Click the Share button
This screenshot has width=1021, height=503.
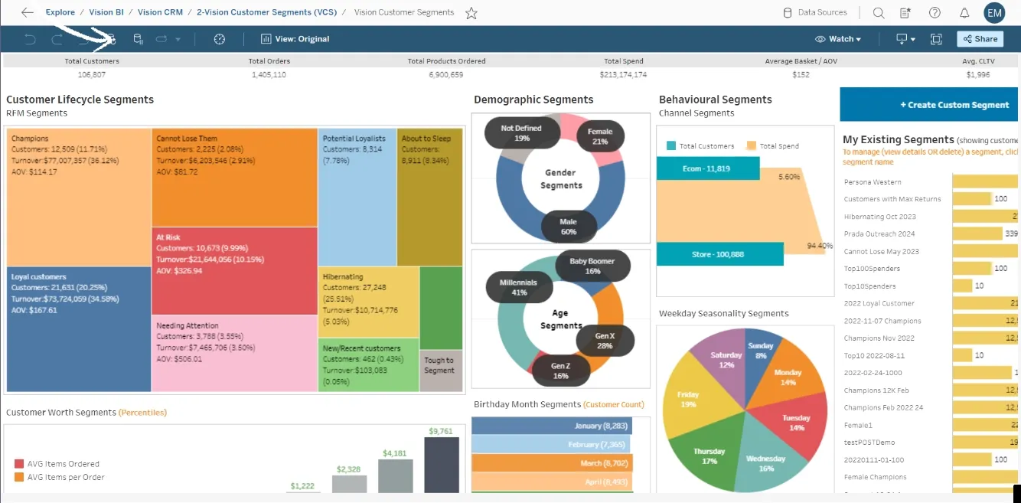[980, 39]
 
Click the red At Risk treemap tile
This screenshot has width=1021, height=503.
[234, 270]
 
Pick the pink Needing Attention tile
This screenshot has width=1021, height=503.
[234, 352]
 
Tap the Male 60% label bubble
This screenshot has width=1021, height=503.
[568, 227]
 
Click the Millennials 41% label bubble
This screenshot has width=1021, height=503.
[518, 287]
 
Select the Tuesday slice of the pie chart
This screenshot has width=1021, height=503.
[796, 423]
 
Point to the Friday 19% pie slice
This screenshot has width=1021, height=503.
[688, 399]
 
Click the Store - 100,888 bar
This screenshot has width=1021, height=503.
[719, 254]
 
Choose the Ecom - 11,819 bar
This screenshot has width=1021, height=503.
[707, 168]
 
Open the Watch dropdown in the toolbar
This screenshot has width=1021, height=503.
[838, 39]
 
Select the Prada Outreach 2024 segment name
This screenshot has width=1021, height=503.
[879, 234]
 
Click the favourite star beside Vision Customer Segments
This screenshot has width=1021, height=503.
[471, 13]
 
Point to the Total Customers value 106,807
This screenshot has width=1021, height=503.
[92, 75]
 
